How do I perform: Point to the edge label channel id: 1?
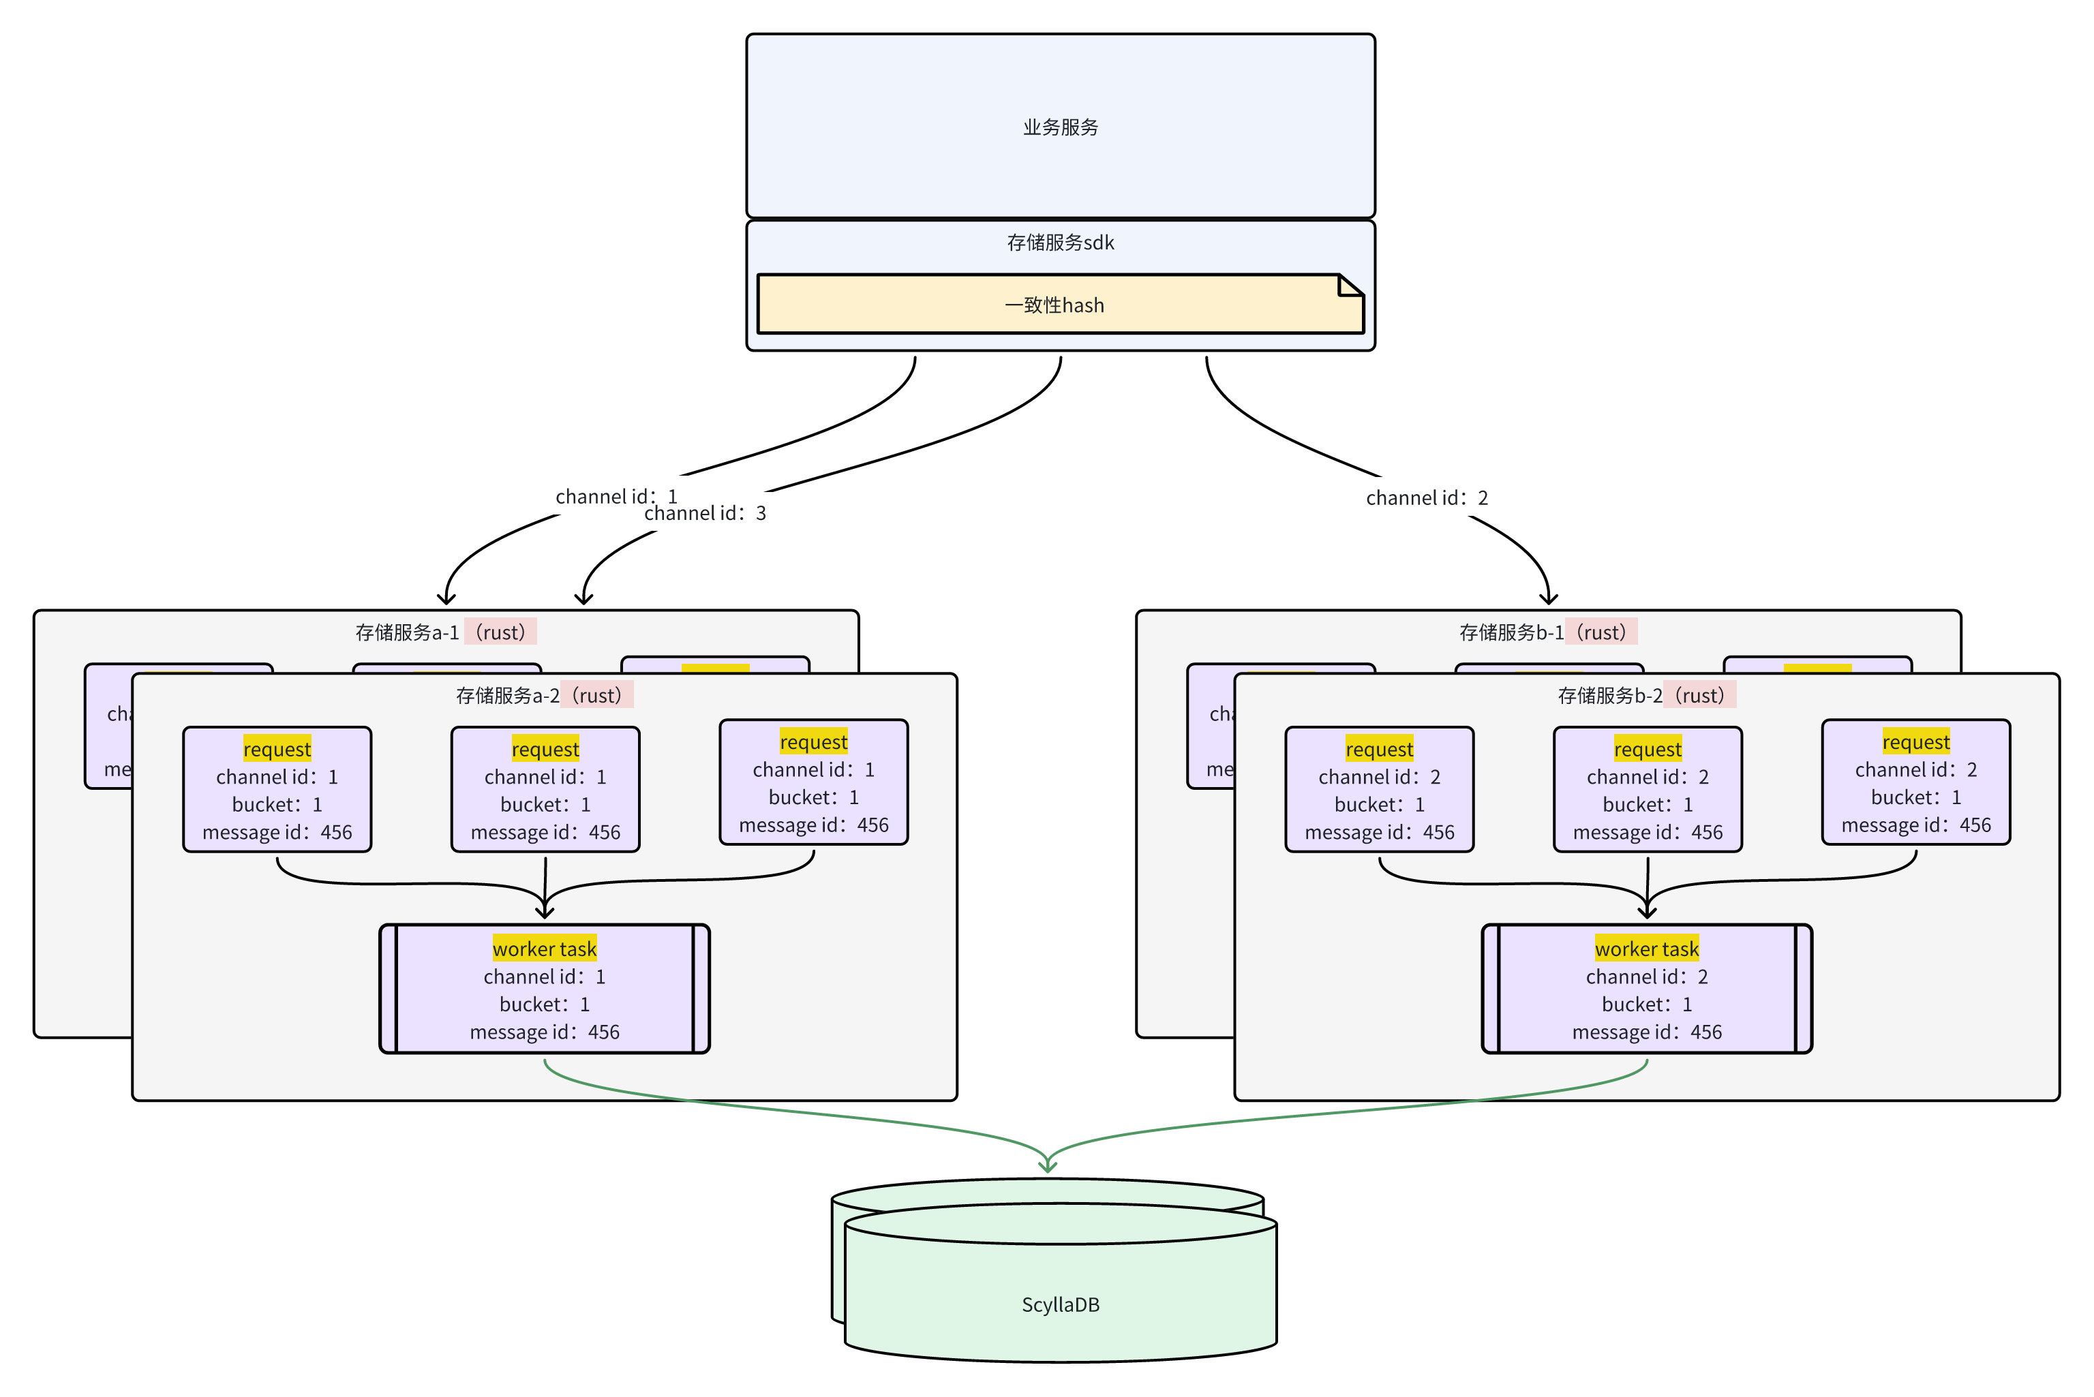click(616, 496)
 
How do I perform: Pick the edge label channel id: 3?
click(705, 513)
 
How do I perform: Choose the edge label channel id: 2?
click(1427, 498)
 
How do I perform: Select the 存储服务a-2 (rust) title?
click(543, 695)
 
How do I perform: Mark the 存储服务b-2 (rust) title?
click(1645, 695)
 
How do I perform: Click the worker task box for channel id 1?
click(545, 989)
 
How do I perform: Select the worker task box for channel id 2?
click(1647, 989)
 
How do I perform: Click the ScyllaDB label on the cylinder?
click(1061, 1304)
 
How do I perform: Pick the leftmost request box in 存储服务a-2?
click(277, 789)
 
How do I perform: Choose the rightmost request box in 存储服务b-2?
click(1916, 782)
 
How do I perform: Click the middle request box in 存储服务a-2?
click(545, 789)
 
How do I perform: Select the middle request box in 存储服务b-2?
click(1648, 789)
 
